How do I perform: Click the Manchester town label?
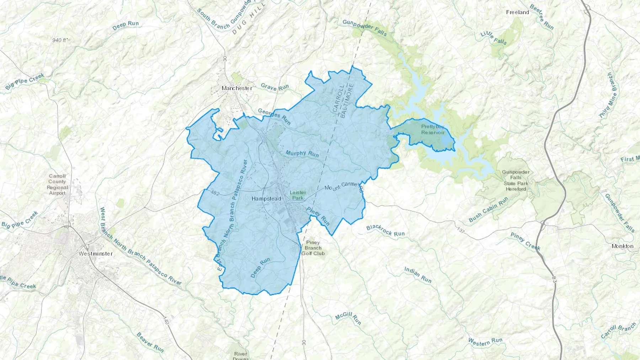(237, 88)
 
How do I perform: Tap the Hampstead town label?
(266, 199)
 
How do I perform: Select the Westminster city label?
(95, 254)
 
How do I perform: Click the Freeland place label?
(517, 12)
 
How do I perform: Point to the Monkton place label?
(622, 246)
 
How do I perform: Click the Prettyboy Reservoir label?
(433, 129)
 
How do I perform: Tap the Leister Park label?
(298, 195)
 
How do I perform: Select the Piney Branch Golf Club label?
(313, 248)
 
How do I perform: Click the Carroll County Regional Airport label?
(57, 184)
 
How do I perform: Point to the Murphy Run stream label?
(302, 153)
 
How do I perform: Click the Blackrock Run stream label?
(385, 231)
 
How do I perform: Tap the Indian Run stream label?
(418, 275)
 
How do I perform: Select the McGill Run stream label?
(348, 318)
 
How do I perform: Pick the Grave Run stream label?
(275, 87)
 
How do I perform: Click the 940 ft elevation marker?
(59, 40)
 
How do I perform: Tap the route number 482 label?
(215, 193)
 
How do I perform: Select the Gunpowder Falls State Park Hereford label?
(516, 181)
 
